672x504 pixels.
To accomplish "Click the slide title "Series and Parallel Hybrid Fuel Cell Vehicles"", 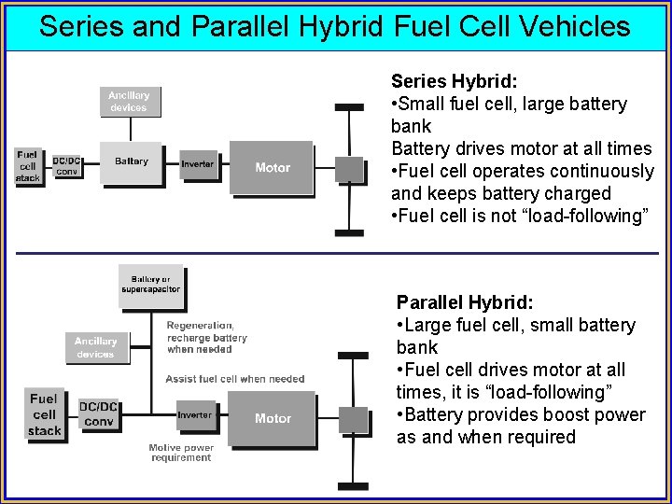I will coord(335,26).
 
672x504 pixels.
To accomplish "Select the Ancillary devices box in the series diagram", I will coord(129,101).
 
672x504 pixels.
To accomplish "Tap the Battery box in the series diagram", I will coord(132,162).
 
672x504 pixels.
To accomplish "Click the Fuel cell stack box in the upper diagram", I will coord(28,165).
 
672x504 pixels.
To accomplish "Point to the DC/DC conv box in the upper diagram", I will coord(66,165).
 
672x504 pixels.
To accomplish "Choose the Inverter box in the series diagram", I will coord(197,164).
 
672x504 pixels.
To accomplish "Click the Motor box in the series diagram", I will coord(272,168).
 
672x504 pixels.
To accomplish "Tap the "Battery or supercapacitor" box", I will coord(151,285).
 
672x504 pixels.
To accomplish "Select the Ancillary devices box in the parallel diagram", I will coord(95,347).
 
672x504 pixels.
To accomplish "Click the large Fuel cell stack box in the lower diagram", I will coord(44,414).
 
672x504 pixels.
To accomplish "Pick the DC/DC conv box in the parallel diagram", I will coord(97,413).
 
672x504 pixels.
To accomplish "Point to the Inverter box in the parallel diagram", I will coord(196,415).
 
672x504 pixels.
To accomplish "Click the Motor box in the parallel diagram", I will coord(272,418).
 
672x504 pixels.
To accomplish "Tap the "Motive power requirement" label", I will coord(181,453).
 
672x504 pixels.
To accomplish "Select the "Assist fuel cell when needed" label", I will coord(234,379).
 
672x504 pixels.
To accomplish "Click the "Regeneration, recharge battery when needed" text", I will coord(206,337).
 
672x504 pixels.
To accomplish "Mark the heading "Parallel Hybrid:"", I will coord(464,302).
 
